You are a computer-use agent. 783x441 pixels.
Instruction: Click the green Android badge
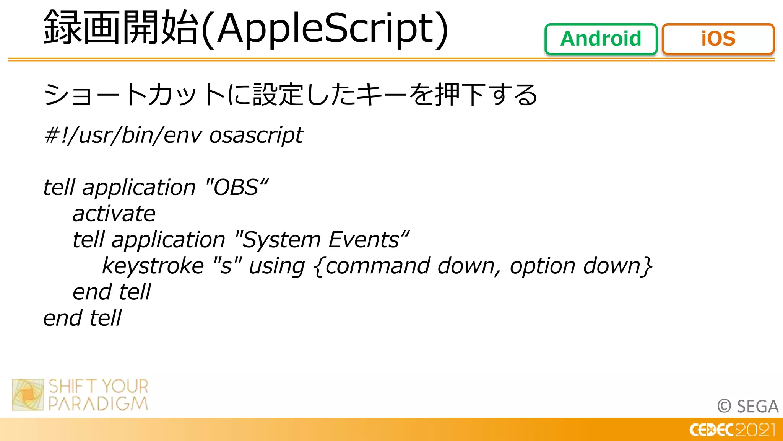coord(601,39)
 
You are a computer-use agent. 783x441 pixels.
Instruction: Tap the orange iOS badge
coord(718,39)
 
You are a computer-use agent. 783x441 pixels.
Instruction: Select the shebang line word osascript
coord(256,136)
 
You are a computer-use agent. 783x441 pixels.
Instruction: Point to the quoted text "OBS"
coord(237,187)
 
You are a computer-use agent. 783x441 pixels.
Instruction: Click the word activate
coord(114,214)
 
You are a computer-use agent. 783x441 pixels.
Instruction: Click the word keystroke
coord(153,266)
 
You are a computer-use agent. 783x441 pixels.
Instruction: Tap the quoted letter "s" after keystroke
coord(227,266)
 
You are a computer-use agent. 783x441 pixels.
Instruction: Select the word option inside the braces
coord(542,266)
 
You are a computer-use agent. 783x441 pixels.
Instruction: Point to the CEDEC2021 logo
coord(732,430)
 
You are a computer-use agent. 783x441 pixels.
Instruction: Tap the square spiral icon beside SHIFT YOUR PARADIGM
coord(28,395)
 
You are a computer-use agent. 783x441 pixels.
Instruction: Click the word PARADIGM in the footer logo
coord(98,404)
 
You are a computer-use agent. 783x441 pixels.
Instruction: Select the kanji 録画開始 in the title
coord(121,28)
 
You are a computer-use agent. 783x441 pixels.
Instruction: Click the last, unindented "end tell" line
coord(82,318)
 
